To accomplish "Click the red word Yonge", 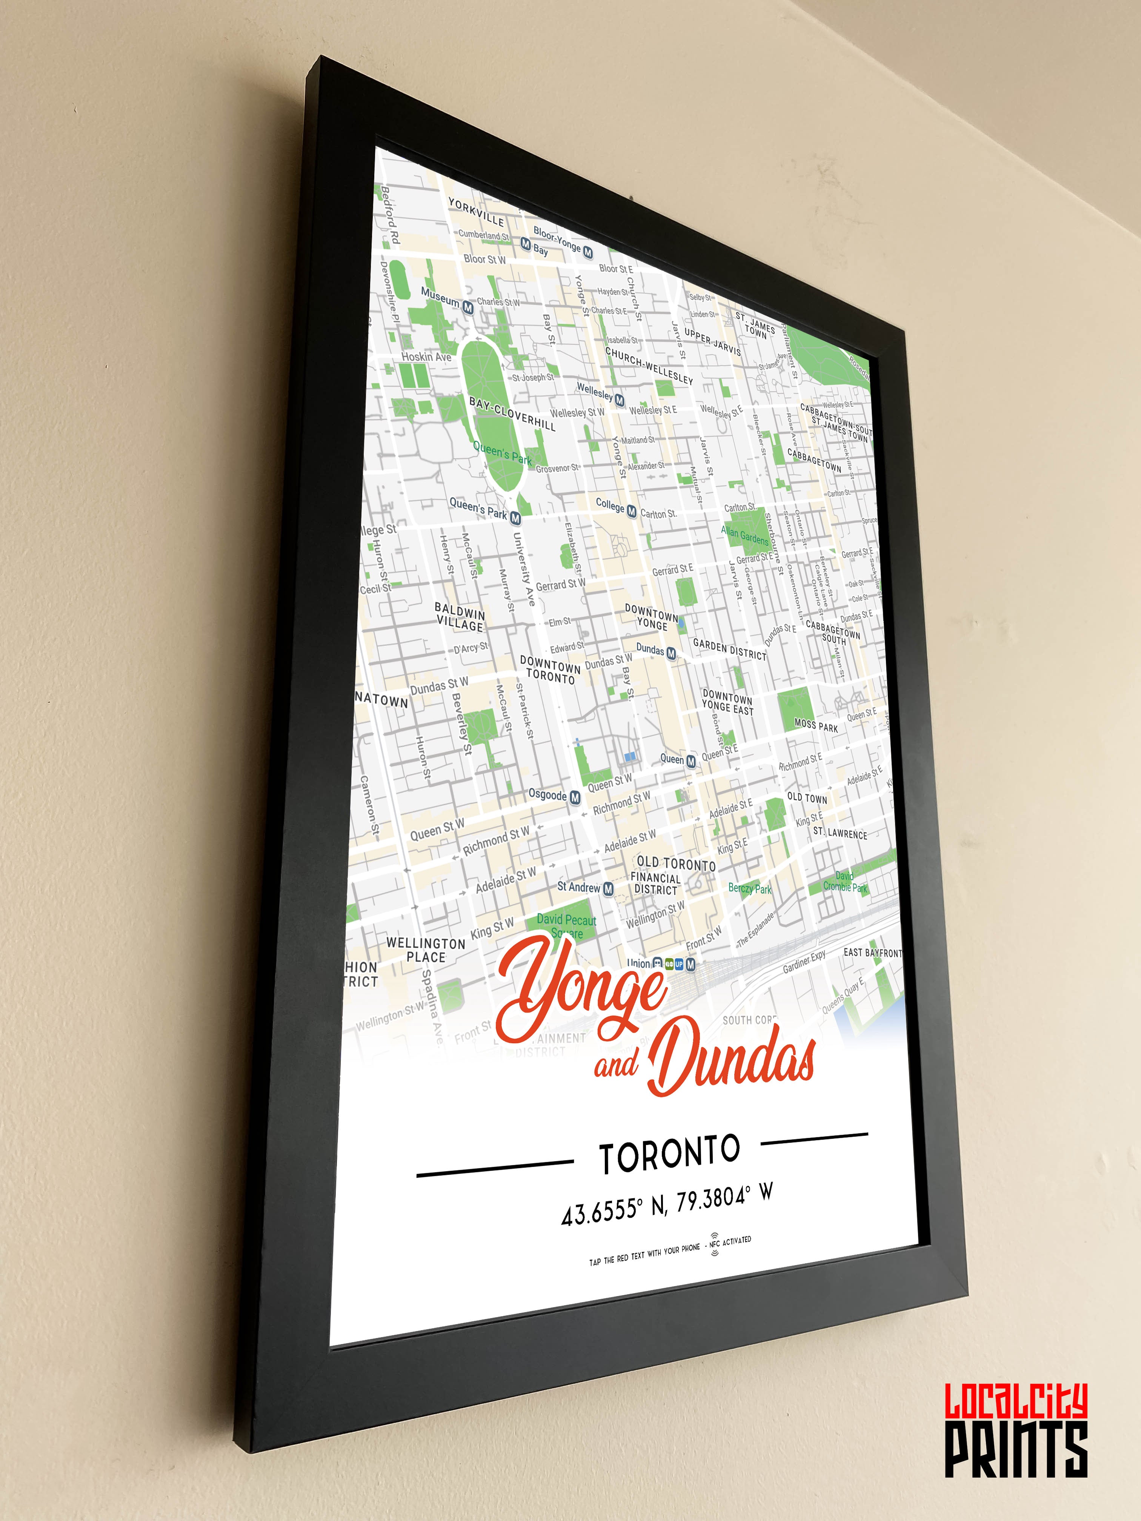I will coord(581,990).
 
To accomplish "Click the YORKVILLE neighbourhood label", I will coord(476,212).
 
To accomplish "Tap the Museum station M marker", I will coord(467,307).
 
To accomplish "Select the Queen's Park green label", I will coord(502,453).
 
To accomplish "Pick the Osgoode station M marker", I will coord(575,797).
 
